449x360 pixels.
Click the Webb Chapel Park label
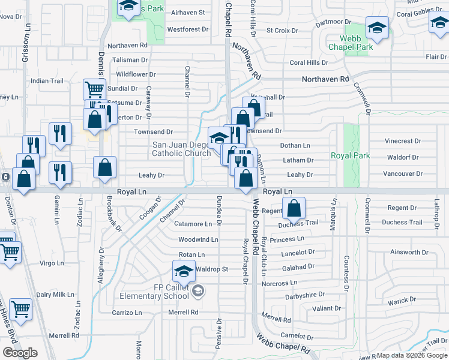pyautogui.click(x=351, y=43)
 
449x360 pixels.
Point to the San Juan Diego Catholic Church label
pyautogui.click(x=181, y=149)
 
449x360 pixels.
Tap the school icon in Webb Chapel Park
pyautogui.click(x=377, y=28)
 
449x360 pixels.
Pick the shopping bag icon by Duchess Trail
pyautogui.click(x=294, y=209)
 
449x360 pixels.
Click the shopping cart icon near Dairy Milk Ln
pyautogui.click(x=21, y=310)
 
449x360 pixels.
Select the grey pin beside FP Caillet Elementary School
pyautogui.click(x=199, y=292)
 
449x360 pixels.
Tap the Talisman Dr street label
pyautogui.click(x=128, y=60)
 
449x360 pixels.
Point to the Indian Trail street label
pyautogui.click(x=47, y=81)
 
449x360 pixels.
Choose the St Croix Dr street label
pyautogui.click(x=282, y=30)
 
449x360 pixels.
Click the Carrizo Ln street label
pyautogui.click(x=127, y=313)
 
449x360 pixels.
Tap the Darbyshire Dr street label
pyautogui.click(x=304, y=295)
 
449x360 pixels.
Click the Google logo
pyautogui.click(x=20, y=353)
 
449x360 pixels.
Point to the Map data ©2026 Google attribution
pyautogui.click(x=412, y=355)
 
